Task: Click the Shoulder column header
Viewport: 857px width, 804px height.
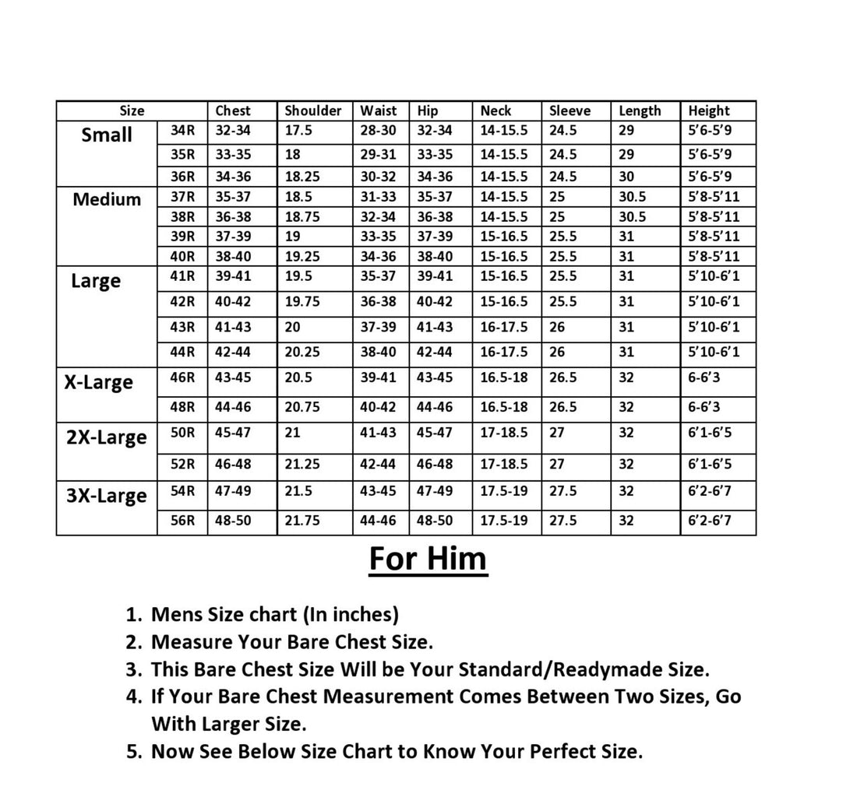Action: [x=312, y=111]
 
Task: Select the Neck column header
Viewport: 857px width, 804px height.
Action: [x=496, y=111]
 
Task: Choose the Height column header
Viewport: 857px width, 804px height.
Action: [x=709, y=111]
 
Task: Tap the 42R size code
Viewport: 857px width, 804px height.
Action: [x=182, y=301]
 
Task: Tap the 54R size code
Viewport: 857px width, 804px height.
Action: [x=182, y=491]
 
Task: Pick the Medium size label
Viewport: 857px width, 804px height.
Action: [x=107, y=199]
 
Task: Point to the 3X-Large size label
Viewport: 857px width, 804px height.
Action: [x=106, y=496]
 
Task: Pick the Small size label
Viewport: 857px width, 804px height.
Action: [x=107, y=135]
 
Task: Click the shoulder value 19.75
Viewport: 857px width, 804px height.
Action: [x=302, y=301]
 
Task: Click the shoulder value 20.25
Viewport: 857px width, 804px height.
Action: [x=302, y=352]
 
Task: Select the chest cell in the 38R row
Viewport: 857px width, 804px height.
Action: [x=233, y=217]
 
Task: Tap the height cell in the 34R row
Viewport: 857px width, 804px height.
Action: [x=710, y=131]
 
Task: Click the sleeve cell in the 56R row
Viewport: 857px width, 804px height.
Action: [x=563, y=521]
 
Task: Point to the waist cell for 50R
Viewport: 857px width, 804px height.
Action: [x=378, y=432]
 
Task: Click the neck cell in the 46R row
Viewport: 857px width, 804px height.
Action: [x=504, y=377]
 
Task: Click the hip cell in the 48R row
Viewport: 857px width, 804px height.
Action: [x=435, y=407]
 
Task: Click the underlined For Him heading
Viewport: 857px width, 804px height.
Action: [x=428, y=559]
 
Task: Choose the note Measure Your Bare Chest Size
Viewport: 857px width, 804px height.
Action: [x=291, y=642]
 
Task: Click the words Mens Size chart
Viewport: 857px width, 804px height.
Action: [x=223, y=615]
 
